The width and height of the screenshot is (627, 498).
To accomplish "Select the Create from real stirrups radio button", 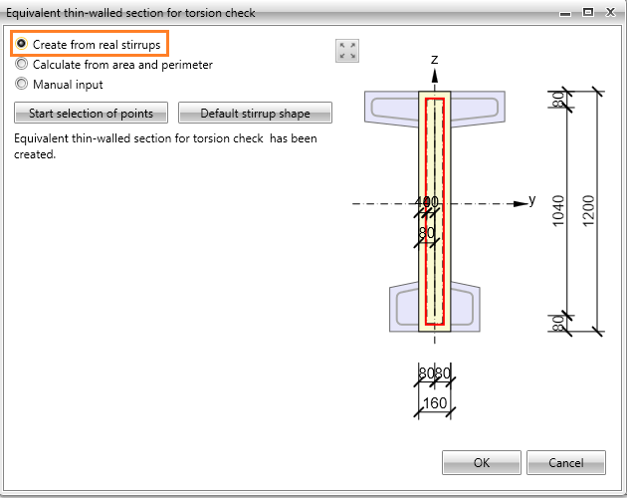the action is click(21, 43).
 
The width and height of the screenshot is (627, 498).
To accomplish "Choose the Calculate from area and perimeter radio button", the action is click(21, 64).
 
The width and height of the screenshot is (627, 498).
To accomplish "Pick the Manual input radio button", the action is click(21, 84).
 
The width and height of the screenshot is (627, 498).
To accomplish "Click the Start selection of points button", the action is click(91, 113).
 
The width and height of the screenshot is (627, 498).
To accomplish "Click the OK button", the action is click(482, 463).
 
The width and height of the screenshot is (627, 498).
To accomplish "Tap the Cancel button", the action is click(566, 463).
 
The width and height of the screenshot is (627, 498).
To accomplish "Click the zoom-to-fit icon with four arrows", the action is click(347, 51).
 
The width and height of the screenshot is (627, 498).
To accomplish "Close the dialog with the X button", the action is click(610, 12).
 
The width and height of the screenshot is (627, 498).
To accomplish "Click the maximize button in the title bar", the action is click(588, 12).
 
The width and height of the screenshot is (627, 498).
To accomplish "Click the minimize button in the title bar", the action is click(565, 14).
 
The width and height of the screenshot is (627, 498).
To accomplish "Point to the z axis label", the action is click(435, 60).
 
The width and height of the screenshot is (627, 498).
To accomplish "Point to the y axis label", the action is click(531, 199).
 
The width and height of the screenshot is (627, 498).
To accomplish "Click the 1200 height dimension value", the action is click(588, 211).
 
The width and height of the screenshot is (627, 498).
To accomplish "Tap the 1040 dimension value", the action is click(558, 211).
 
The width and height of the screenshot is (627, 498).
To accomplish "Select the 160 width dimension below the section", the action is click(435, 402).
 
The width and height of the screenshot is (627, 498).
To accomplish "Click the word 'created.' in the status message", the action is click(35, 154).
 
